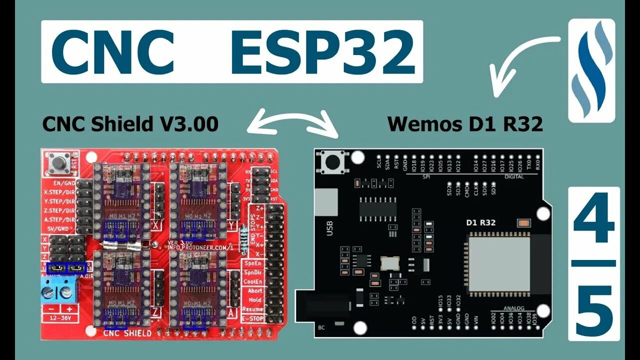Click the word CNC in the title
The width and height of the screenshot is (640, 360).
[x=112, y=51]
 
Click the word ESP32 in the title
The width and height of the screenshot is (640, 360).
[x=322, y=51]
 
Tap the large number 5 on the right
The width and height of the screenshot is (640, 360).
[x=594, y=310]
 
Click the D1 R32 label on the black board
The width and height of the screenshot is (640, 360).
[x=480, y=222]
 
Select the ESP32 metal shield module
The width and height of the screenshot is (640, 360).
[x=498, y=265]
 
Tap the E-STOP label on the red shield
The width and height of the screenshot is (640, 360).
[x=252, y=317]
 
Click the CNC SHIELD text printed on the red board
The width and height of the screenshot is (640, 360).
[x=127, y=333]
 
